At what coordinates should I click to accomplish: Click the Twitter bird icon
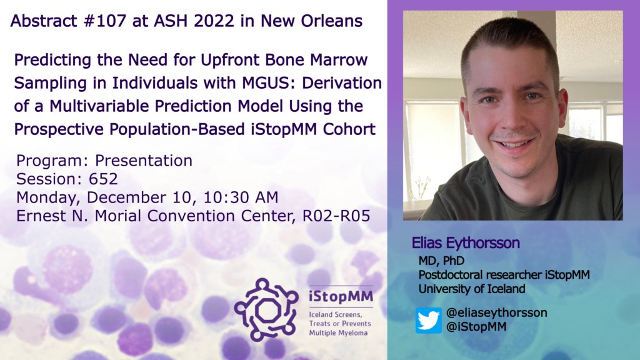428,320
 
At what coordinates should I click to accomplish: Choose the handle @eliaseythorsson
497,312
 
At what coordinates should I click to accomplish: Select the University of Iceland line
472,289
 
